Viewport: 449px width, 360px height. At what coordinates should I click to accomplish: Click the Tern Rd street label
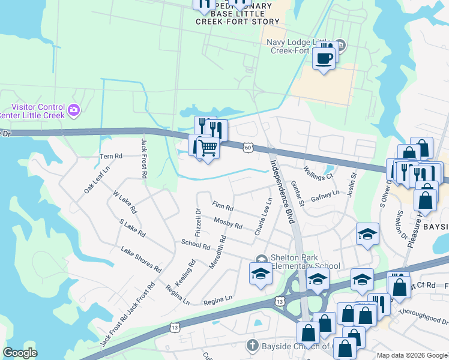click(110, 156)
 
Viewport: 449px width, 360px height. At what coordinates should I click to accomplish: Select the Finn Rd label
click(223, 206)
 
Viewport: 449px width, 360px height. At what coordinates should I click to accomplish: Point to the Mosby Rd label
click(228, 223)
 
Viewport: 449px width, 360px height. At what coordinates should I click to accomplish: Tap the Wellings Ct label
click(318, 173)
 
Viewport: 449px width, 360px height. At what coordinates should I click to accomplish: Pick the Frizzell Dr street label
click(198, 221)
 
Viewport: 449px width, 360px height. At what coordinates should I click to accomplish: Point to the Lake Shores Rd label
click(141, 259)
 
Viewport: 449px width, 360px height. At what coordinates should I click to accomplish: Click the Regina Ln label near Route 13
click(218, 298)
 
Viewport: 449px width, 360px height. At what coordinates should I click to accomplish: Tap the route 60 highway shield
click(249, 146)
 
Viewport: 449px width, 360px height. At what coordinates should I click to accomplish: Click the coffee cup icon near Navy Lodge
click(324, 59)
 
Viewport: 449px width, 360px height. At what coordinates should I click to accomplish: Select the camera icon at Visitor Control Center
click(74, 109)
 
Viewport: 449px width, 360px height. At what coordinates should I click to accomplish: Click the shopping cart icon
click(208, 146)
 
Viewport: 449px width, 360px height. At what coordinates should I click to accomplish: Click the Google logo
click(21, 353)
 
